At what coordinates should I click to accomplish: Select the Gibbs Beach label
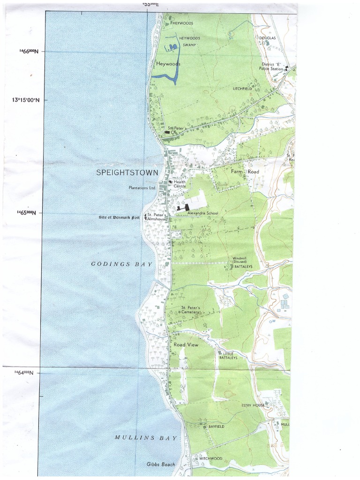[160, 465]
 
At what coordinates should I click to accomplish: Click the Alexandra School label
[202, 213]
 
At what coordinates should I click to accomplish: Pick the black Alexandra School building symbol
[183, 207]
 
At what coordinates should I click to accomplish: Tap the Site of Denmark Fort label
[119, 217]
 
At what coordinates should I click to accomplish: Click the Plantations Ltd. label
[142, 188]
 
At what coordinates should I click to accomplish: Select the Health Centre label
[180, 184]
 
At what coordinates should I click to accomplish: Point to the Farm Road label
[245, 172]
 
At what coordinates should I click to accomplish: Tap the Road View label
[186, 345]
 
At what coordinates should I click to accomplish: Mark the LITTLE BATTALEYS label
[228, 355]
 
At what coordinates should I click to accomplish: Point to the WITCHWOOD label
[210, 458]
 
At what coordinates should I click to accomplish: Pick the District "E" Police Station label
[271, 66]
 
